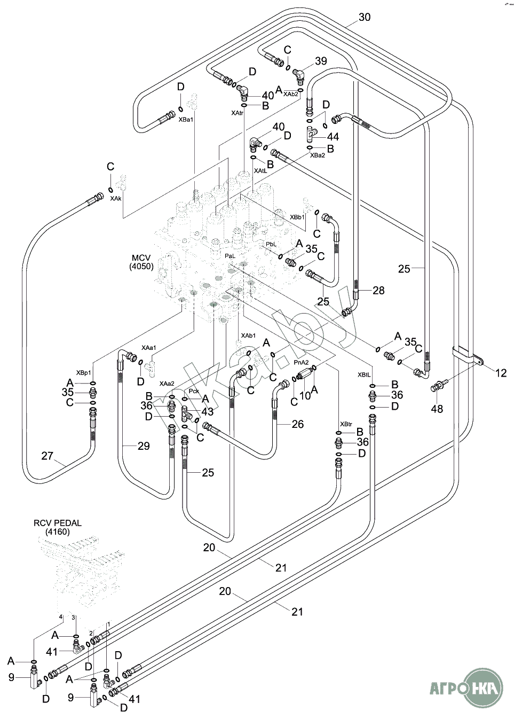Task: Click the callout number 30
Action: [365, 17]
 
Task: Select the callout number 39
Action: [321, 61]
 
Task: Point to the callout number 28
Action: [378, 291]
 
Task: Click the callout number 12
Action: [501, 373]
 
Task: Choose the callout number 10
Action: [305, 395]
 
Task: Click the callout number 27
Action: [48, 456]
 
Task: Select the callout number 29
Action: [144, 446]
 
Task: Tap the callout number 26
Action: [297, 424]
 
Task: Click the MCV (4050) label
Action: [141, 262]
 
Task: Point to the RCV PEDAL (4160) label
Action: [57, 527]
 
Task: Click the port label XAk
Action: [116, 198]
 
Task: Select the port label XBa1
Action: [186, 120]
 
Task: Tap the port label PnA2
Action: [302, 362]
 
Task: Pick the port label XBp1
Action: [83, 372]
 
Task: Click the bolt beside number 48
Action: [437, 385]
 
